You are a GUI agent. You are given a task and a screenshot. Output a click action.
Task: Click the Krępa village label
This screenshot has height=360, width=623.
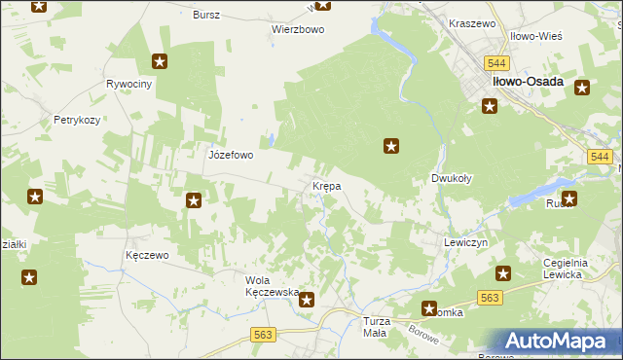click(x=325, y=186)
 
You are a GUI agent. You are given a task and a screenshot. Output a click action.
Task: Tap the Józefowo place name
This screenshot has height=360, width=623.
click(x=231, y=155)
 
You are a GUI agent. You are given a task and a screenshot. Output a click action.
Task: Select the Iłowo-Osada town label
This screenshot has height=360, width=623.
click(x=528, y=83)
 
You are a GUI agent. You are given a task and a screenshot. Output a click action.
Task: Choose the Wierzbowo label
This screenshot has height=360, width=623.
click(x=297, y=29)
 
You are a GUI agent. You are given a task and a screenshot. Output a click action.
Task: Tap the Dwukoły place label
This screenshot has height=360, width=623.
click(x=452, y=179)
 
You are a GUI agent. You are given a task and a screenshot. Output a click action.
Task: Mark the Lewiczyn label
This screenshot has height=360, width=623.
click(x=464, y=241)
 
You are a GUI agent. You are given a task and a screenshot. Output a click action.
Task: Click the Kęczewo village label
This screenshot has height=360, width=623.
click(x=148, y=255)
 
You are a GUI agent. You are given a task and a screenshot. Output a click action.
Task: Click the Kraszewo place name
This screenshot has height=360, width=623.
click(x=472, y=22)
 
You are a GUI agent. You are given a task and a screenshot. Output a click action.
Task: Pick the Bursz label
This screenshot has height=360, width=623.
click(x=206, y=16)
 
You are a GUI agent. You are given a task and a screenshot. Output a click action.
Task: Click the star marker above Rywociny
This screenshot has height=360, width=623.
click(x=161, y=62)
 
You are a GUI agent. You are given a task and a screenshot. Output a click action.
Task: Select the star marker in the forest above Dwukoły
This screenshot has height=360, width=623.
click(x=391, y=147)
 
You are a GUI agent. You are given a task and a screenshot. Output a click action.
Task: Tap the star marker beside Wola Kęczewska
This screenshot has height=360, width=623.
click(x=307, y=301)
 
